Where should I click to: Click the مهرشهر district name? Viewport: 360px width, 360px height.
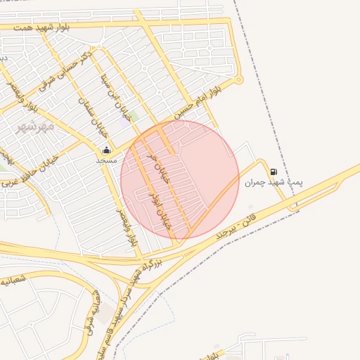[34, 127]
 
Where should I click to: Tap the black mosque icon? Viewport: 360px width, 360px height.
[106, 150]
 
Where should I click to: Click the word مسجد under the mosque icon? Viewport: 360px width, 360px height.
[106, 160]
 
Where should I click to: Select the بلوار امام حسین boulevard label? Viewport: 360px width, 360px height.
[199, 101]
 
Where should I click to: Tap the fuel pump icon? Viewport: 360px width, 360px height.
[273, 172]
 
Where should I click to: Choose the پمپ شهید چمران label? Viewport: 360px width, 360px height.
[274, 182]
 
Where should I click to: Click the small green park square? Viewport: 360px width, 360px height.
[133, 114]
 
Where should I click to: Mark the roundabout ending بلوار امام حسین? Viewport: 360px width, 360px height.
[239, 79]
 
